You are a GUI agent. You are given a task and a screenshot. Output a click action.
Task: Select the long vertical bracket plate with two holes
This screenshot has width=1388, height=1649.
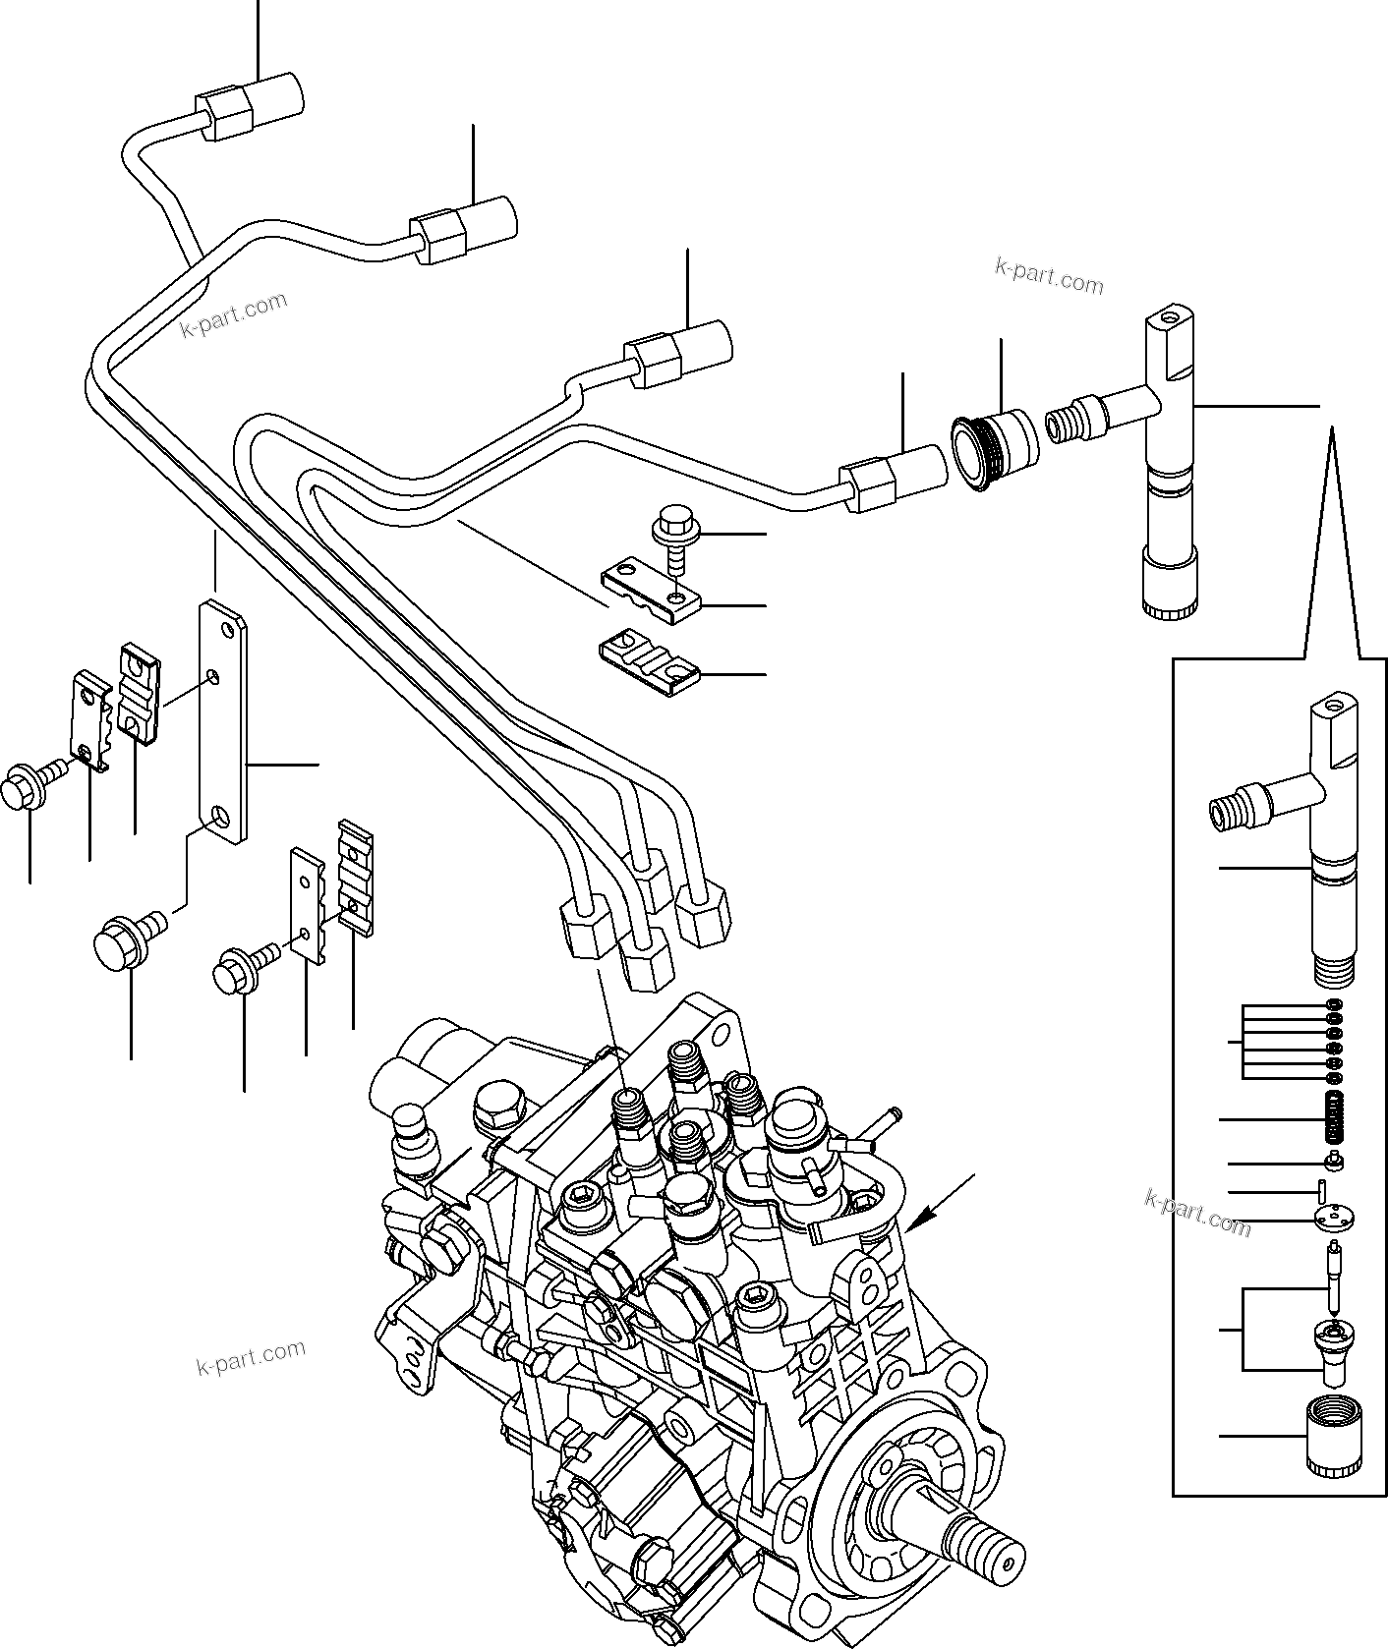[x=223, y=722]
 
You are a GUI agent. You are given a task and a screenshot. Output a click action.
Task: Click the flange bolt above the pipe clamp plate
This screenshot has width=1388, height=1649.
[x=675, y=527]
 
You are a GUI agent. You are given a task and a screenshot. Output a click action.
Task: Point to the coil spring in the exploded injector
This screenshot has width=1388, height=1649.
[x=1334, y=1118]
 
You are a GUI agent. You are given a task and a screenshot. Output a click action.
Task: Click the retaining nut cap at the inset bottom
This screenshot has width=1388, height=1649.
[x=1334, y=1437]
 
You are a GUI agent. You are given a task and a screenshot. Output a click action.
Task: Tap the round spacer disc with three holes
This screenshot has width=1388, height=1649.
[x=1334, y=1220]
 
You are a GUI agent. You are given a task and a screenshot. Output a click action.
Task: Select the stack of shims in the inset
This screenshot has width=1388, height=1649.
[x=1334, y=1040]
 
